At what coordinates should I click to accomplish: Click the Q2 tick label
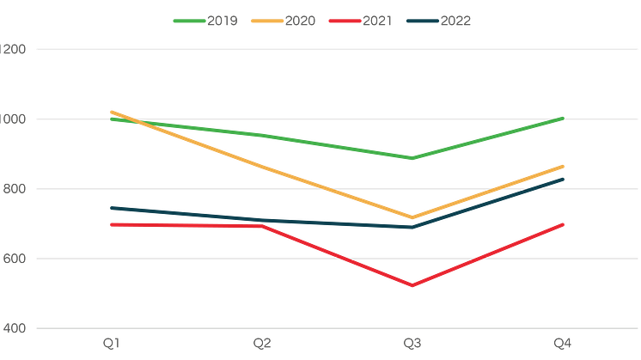click(x=262, y=343)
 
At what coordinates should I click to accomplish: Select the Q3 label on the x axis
click(x=413, y=343)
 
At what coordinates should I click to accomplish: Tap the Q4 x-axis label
click(x=564, y=343)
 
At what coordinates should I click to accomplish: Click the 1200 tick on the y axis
click(x=16, y=49)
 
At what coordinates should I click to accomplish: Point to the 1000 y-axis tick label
click(x=16, y=119)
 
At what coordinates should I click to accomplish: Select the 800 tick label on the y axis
click(x=16, y=188)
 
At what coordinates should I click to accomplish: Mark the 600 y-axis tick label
click(x=16, y=258)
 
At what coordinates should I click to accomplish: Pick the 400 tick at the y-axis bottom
click(x=16, y=327)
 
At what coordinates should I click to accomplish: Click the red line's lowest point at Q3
click(x=413, y=285)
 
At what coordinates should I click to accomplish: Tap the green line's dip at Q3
click(x=413, y=158)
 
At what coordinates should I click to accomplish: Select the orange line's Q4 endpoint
click(x=564, y=164)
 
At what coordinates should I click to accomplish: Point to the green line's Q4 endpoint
click(x=564, y=117)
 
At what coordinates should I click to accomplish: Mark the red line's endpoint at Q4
click(x=564, y=223)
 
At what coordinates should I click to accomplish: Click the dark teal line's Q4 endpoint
click(x=564, y=179)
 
